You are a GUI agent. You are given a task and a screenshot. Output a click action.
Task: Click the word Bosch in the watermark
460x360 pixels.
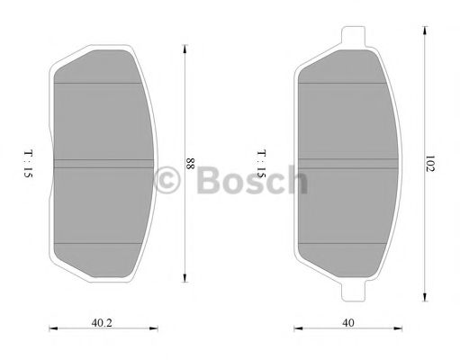247,183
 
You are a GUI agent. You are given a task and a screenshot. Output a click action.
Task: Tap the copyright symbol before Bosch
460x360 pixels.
167,183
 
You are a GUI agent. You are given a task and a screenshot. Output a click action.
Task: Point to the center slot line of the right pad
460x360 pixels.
349,163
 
